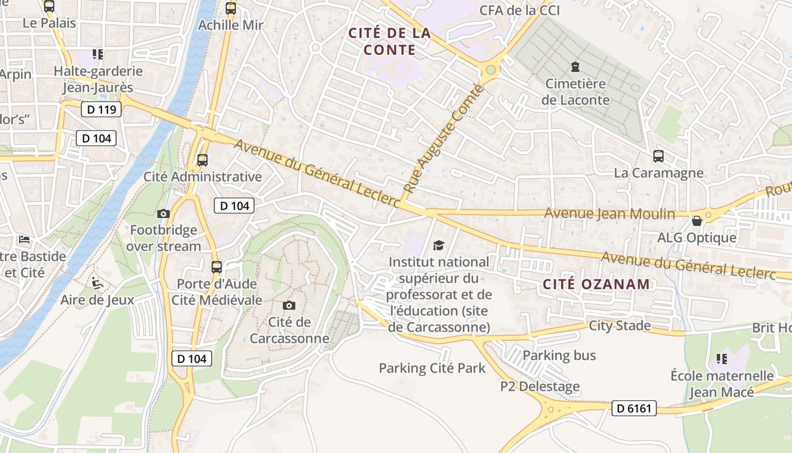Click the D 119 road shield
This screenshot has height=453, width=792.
101,109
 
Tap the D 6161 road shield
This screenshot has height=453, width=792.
634,408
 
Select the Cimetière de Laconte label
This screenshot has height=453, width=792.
576,92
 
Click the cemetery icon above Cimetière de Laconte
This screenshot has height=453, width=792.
575,67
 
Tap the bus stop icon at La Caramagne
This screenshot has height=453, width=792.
658,156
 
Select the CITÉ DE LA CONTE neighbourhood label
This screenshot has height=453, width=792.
390,41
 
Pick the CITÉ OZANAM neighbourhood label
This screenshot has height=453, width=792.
596,284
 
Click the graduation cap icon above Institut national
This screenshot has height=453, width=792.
438,245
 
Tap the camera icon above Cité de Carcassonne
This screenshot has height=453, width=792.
289,306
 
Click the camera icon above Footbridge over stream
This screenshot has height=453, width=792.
163,213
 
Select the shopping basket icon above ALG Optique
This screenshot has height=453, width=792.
697,220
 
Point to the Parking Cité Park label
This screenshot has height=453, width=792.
432,368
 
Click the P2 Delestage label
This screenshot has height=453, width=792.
540,387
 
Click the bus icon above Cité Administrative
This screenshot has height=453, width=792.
203,160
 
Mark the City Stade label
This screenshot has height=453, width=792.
619,326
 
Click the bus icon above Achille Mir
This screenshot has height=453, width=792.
231,8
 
